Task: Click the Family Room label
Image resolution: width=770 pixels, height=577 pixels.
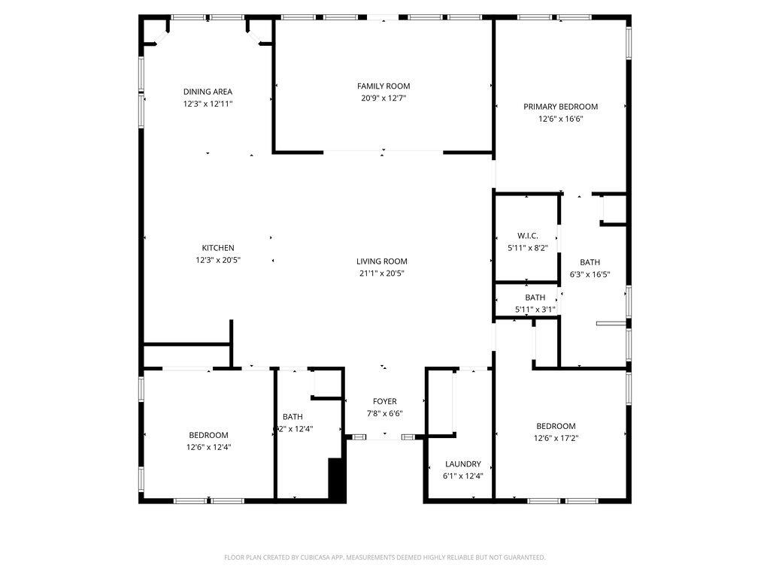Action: tap(383, 86)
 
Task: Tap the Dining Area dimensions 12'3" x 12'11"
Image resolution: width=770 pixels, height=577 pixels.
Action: tap(208, 104)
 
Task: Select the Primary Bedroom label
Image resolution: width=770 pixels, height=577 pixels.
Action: tap(560, 107)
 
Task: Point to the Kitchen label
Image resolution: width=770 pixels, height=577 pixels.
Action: tap(218, 248)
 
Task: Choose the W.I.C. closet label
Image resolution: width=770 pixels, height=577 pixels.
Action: tap(527, 236)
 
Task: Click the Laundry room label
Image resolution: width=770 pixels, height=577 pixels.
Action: tap(462, 464)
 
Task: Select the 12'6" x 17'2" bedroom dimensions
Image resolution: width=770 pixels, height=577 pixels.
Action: tap(556, 438)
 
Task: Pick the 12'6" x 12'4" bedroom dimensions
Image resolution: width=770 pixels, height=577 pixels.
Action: tap(208, 447)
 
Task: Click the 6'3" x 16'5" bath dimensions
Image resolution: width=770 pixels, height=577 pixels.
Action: tap(590, 274)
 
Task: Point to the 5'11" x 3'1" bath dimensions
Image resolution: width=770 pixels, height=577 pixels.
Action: tap(535, 309)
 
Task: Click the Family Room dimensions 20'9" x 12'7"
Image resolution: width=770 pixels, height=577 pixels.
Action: tap(383, 98)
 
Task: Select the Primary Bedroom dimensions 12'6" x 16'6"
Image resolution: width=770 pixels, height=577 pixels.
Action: tap(560, 119)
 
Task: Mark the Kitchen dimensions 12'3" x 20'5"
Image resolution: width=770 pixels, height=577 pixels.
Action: tap(218, 260)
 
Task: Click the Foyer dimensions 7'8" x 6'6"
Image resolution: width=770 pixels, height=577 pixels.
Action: tap(384, 413)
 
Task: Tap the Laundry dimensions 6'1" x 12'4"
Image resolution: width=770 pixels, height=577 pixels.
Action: tap(462, 476)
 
